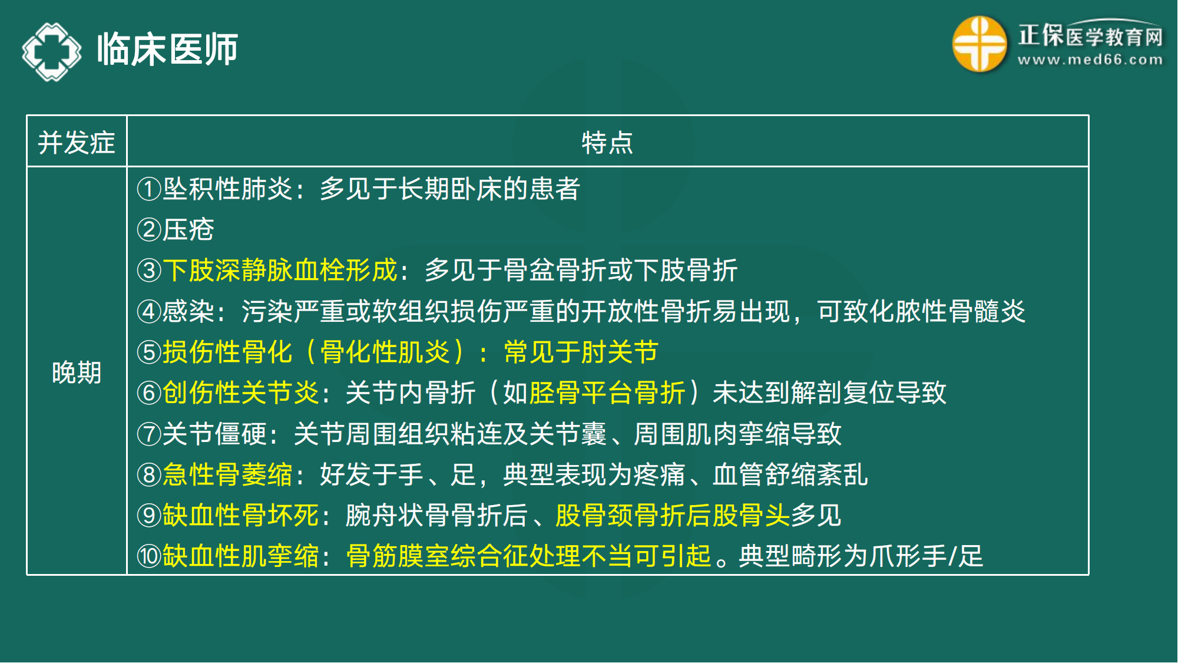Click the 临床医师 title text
[167, 50]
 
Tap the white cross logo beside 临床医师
[52, 52]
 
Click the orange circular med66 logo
[979, 44]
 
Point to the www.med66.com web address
[1090, 60]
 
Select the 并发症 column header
[77, 143]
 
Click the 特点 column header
[607, 143]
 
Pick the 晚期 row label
[77, 372]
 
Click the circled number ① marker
[148, 189]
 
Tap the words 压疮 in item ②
[188, 230]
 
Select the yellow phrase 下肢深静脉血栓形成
[280, 271]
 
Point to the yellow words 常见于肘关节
[581, 352]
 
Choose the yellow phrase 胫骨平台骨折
[607, 393]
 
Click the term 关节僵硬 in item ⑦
[214, 434]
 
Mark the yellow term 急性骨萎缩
[227, 475]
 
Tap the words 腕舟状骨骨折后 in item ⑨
[436, 516]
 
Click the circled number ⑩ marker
[148, 556]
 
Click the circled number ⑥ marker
[148, 393]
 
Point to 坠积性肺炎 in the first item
[227, 189]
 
